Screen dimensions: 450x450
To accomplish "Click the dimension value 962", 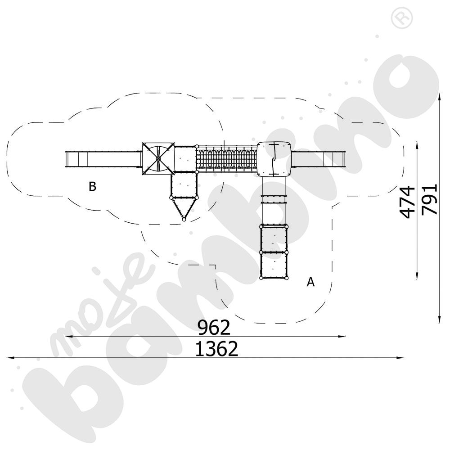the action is click(214, 327).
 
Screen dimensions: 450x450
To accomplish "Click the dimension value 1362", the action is click(217, 349).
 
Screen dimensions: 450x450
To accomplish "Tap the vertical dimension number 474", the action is click(407, 202).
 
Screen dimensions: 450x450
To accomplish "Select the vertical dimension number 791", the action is click(430, 199).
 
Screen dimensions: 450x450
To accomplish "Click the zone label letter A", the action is click(310, 282).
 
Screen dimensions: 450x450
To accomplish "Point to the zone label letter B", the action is click(92, 187).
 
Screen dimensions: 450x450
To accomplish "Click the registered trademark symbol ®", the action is click(402, 18).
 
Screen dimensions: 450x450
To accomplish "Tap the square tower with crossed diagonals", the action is click(158, 158).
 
